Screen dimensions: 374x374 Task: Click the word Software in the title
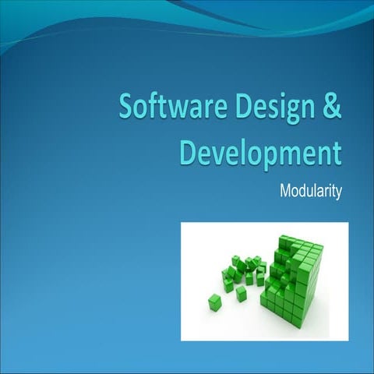166,107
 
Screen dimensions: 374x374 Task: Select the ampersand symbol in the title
331,107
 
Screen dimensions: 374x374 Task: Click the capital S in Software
127,107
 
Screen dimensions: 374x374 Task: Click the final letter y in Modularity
338,192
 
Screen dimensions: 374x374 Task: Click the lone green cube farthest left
214,302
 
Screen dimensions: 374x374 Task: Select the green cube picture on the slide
264,281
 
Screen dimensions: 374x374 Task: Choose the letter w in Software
174,108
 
